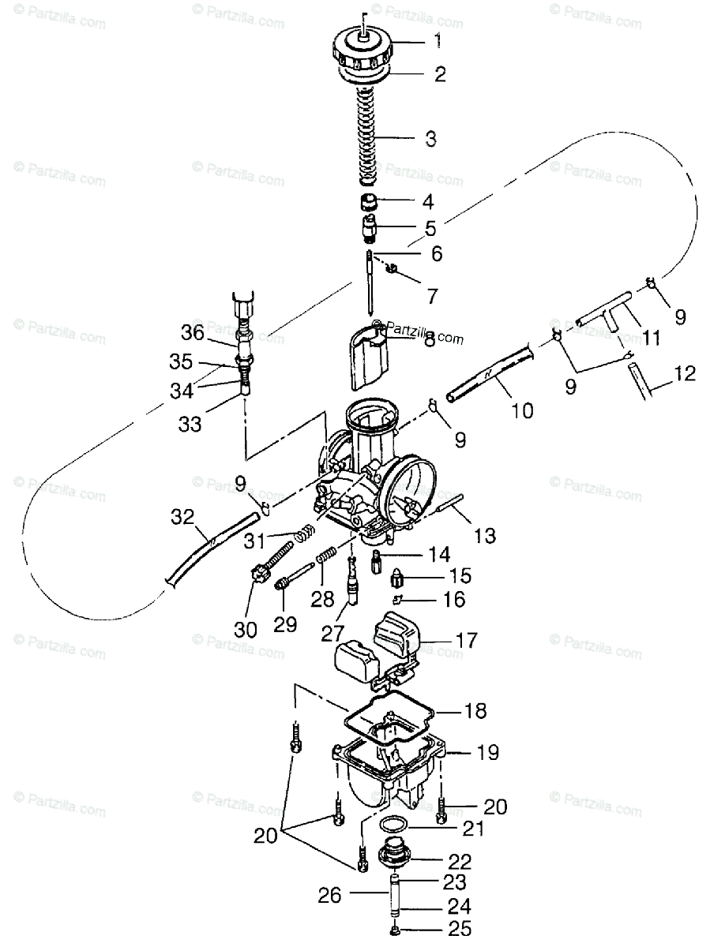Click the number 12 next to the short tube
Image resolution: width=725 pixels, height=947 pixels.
686,373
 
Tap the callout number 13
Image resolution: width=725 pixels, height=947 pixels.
485,536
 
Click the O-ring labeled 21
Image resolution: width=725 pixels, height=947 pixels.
392,825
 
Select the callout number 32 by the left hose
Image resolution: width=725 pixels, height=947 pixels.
182,517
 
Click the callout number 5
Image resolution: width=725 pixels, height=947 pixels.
429,229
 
